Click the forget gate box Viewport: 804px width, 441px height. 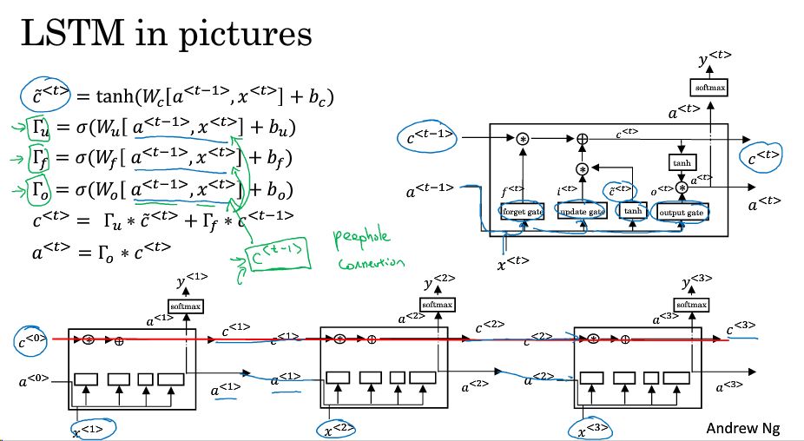coord(523,211)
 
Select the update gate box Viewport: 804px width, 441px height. coord(581,211)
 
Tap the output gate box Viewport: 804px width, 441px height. coord(683,211)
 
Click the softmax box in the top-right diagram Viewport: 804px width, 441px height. coord(708,87)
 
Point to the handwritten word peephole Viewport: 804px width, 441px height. coord(363,240)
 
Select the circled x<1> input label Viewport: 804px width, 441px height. coord(94,429)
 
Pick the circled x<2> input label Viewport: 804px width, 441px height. coord(339,429)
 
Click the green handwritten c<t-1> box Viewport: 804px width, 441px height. coord(275,256)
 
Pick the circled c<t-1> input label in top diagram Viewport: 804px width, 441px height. coord(431,137)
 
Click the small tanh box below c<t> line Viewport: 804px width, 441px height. coord(680,163)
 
